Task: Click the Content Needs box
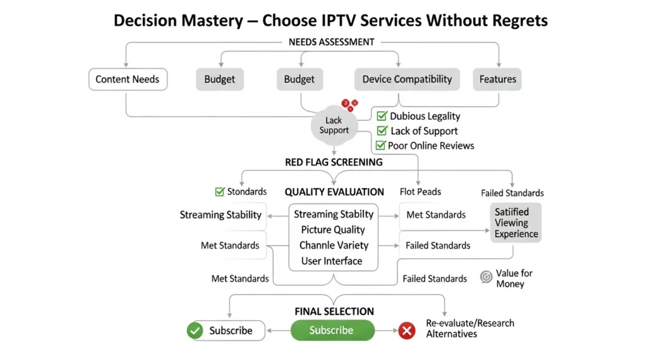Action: click(x=127, y=80)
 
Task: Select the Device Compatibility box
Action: click(x=407, y=80)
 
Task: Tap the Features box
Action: click(x=497, y=80)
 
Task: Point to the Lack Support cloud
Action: click(x=333, y=126)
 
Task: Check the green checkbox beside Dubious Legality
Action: click(x=382, y=117)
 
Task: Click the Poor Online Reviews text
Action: click(x=431, y=146)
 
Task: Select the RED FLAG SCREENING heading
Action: click(x=333, y=162)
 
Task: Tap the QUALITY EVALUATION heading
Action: click(x=334, y=192)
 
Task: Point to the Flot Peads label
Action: click(x=420, y=192)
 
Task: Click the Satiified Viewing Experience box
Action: click(x=515, y=223)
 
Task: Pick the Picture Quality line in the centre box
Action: click(x=333, y=230)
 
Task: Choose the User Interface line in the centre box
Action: click(x=332, y=261)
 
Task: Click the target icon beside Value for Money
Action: click(x=487, y=277)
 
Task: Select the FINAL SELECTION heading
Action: click(x=334, y=312)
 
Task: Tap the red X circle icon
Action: click(x=407, y=331)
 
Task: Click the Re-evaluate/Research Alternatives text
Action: click(x=470, y=328)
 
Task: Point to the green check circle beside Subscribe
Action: click(x=194, y=331)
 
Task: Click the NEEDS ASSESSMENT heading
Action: click(x=332, y=42)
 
